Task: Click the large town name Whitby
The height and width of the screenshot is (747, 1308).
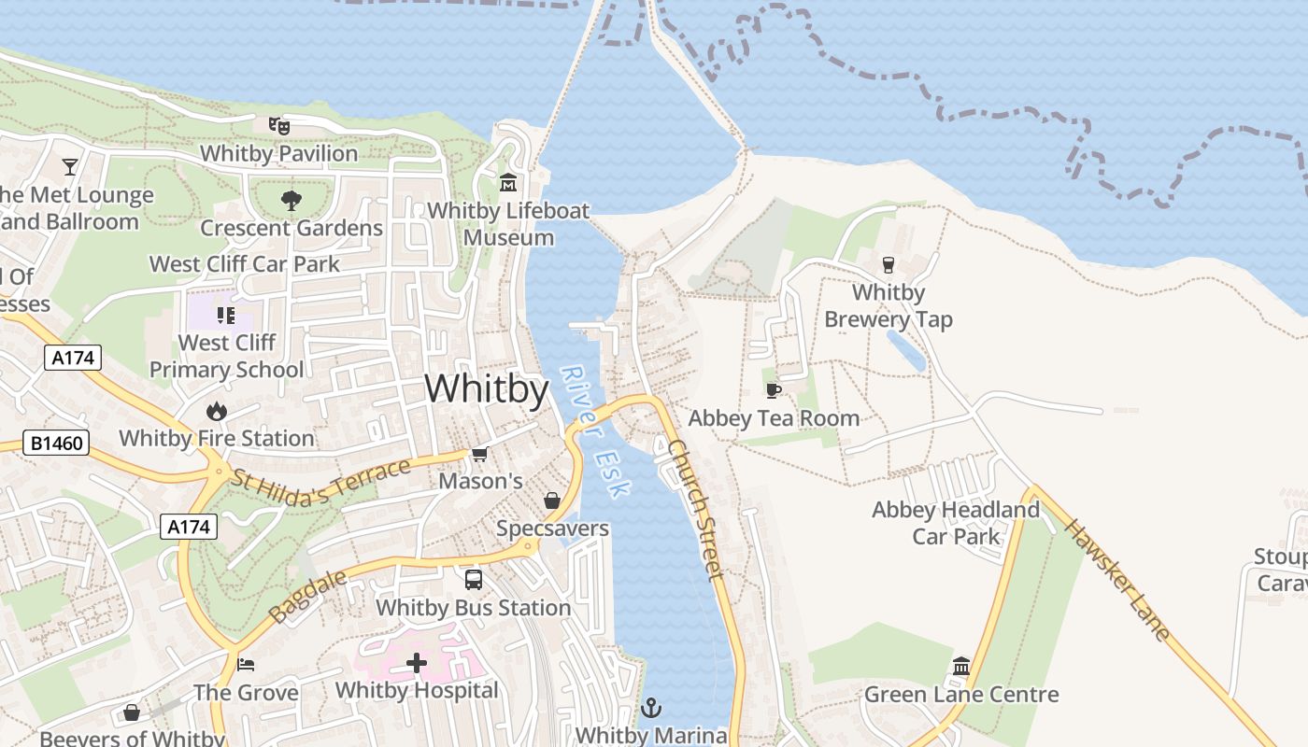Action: pos(486,388)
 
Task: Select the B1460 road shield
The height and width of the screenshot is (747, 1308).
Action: pos(56,443)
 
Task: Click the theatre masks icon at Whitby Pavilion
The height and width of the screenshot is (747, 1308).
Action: pos(278,124)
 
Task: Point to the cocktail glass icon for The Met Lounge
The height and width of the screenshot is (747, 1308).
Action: pos(70,167)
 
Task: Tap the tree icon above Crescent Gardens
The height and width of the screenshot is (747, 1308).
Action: pos(291,199)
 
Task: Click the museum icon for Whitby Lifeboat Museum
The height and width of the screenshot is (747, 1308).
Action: pos(508,182)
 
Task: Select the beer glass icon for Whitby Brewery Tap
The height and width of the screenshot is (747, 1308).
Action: pos(888,264)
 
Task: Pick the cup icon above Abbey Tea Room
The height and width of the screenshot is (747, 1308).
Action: pos(773,389)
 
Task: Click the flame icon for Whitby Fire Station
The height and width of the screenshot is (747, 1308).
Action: pos(216,410)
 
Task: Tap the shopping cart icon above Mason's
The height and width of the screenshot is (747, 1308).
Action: pos(479,454)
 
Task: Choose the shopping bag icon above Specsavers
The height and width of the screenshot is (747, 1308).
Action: pos(552,500)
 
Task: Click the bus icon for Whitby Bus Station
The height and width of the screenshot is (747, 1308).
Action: pos(474,579)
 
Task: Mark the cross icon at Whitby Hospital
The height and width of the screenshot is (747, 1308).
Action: pos(417,663)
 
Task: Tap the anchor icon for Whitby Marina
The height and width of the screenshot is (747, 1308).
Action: pos(650,708)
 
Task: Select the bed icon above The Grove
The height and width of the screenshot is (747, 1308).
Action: pos(246,664)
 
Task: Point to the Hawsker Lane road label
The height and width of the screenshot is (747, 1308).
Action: pos(1117,580)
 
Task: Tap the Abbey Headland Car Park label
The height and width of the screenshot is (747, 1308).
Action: pos(955,523)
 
